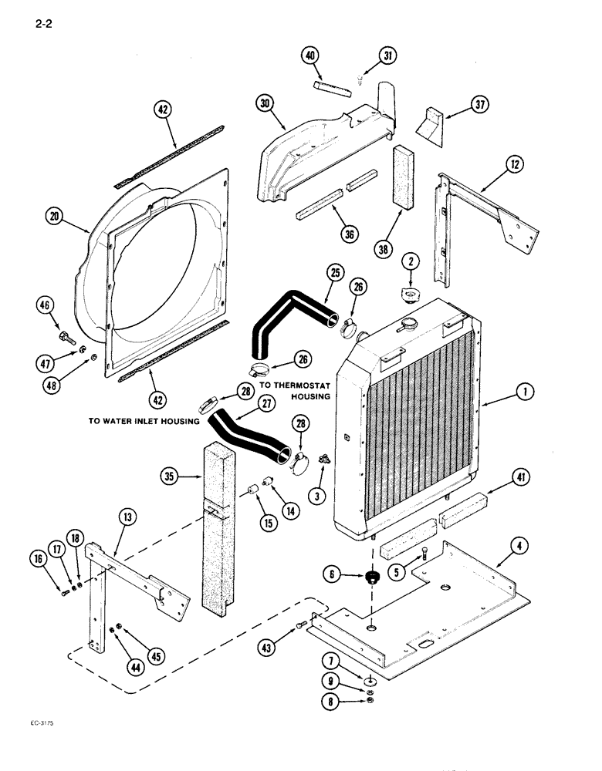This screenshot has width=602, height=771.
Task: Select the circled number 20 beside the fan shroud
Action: [x=52, y=217]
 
